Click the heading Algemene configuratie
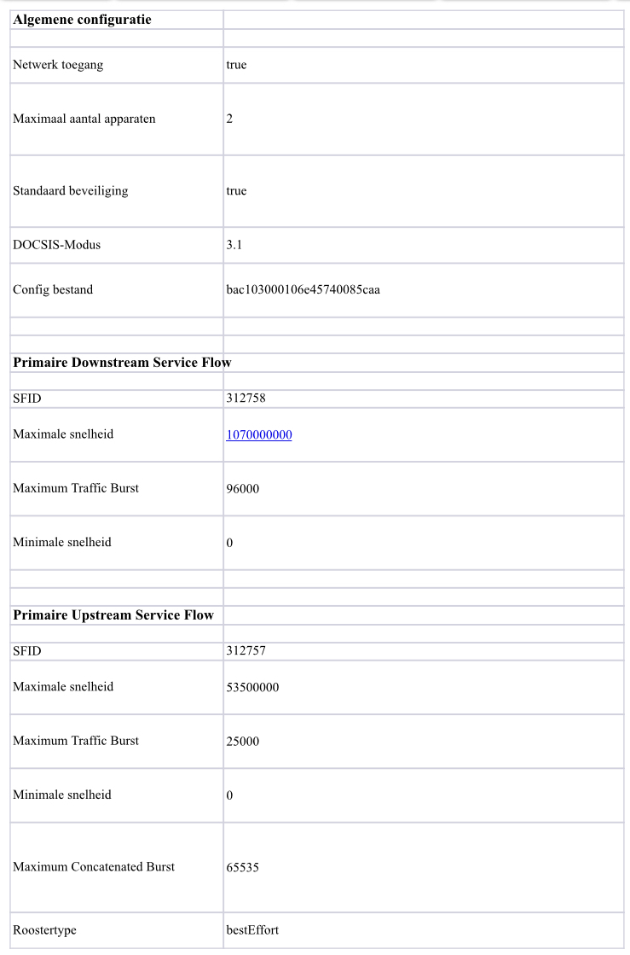coord(82,20)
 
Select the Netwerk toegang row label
coord(58,65)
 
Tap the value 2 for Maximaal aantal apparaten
coord(229,119)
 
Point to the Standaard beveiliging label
coord(71,191)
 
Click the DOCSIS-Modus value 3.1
coord(234,245)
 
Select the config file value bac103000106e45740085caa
coord(303,290)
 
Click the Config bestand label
coord(53,290)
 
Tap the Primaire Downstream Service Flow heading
coord(122,363)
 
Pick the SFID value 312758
coord(245,399)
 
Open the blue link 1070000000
coord(259,435)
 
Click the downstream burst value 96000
coord(243,489)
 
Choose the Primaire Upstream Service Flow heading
coord(113,615)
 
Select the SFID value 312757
coord(245,651)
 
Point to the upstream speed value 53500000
coord(252,688)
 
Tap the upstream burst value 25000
coord(243,742)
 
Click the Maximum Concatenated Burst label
coord(94,867)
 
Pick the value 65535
coord(243,868)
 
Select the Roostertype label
coord(50,929)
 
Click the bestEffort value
coord(252,929)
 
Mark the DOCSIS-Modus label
coord(57,245)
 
